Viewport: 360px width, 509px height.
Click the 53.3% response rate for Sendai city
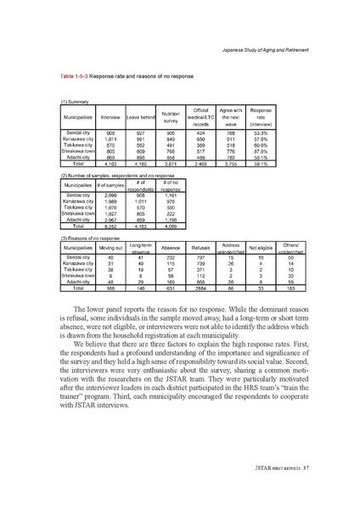(x=273, y=133)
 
